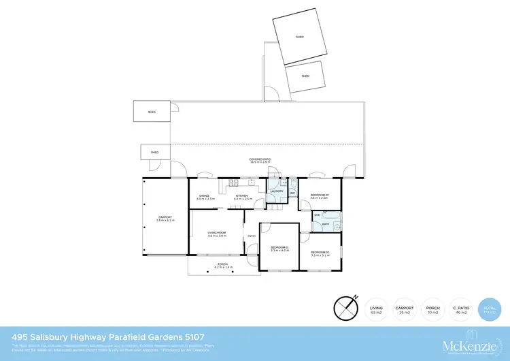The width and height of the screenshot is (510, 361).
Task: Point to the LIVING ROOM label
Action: point(217,233)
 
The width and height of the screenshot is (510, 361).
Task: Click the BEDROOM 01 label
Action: point(279,247)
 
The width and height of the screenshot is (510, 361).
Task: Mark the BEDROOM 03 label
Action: point(320,195)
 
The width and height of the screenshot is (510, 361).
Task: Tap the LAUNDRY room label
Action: point(276,191)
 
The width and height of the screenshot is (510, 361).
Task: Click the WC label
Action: point(292,193)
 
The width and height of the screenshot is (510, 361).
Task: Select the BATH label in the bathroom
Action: point(326,223)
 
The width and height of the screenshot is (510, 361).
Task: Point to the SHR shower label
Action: point(317,215)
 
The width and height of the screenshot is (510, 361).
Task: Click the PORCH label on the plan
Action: point(222,265)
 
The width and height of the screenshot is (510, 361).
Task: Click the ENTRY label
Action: point(251,236)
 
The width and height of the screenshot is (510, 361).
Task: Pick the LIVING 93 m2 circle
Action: point(376,309)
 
